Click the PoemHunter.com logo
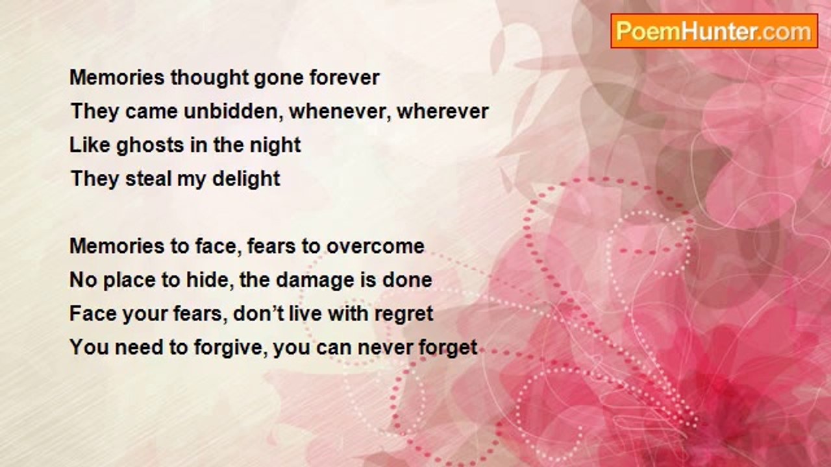coord(714,31)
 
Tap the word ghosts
coord(150,145)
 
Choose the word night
coord(275,145)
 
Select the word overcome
coord(375,246)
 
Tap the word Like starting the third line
coord(90,145)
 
